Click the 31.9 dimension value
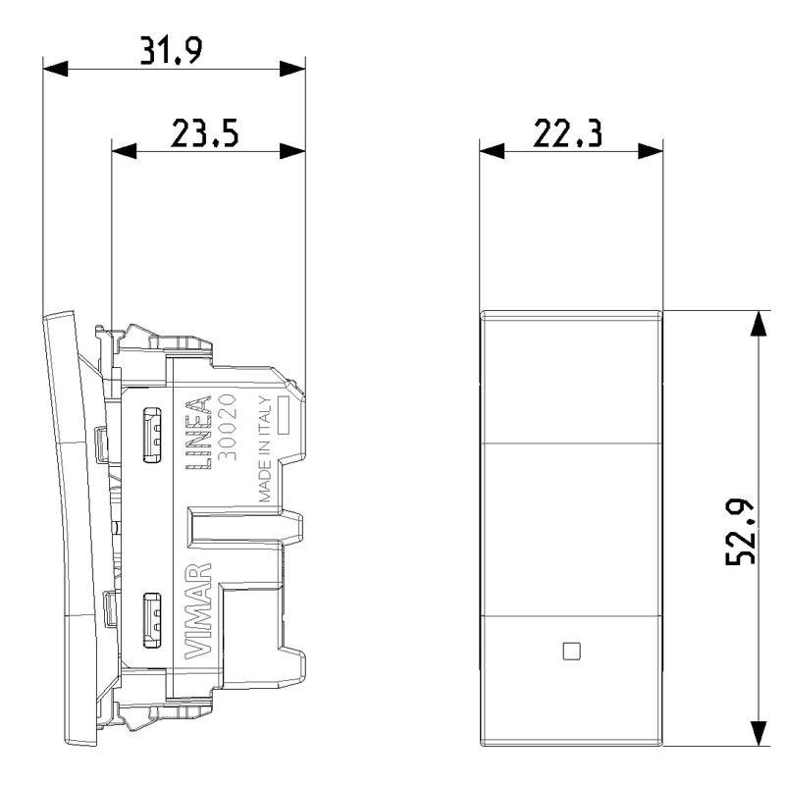pos(171,50)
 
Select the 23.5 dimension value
pos(205,133)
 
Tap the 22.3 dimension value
pos(567,133)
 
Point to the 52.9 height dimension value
pos(741,532)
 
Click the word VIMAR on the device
pos(199,610)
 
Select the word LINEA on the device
pos(199,433)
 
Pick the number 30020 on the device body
pos(228,427)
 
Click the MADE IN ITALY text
pos(265,449)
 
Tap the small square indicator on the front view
pos(572,652)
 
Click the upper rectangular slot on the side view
pos(152,434)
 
